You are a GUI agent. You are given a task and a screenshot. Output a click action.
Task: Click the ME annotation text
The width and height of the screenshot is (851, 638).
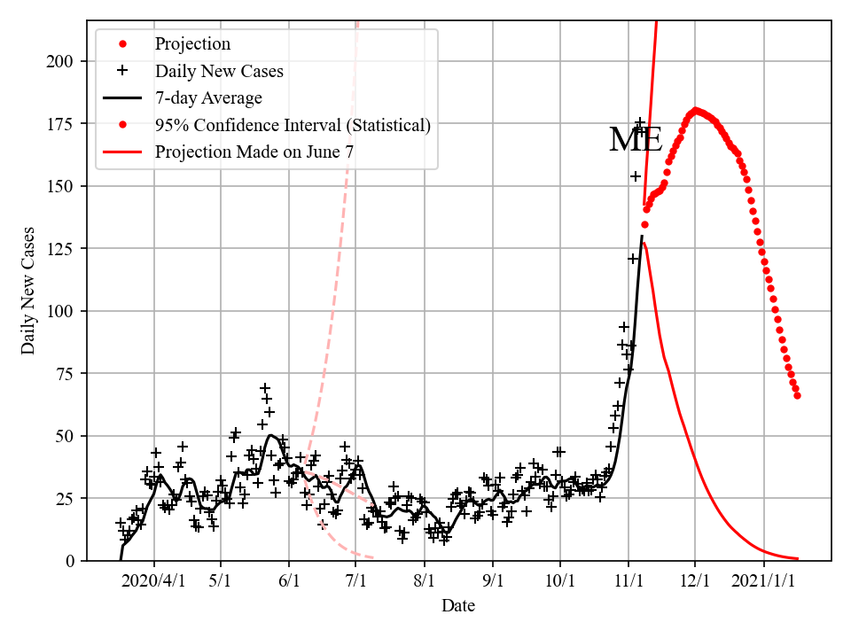click(x=636, y=140)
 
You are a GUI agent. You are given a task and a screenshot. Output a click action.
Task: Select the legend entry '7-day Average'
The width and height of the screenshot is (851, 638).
click(x=208, y=97)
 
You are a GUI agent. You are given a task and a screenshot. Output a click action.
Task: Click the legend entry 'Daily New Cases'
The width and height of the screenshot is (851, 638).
click(x=219, y=71)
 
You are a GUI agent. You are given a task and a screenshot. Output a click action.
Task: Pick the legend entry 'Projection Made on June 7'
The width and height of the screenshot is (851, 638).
click(x=254, y=152)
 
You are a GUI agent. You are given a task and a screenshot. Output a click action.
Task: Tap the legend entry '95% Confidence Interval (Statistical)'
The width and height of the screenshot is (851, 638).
click(x=293, y=125)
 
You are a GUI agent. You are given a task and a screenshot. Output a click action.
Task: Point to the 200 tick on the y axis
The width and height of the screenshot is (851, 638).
click(x=64, y=61)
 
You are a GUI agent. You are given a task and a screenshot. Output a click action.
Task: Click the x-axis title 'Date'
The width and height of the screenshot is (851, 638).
click(x=458, y=606)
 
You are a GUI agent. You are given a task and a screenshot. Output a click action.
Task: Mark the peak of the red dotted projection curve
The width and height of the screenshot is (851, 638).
click(x=695, y=111)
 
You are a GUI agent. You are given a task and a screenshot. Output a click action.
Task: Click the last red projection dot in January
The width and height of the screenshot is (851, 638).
click(x=797, y=395)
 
